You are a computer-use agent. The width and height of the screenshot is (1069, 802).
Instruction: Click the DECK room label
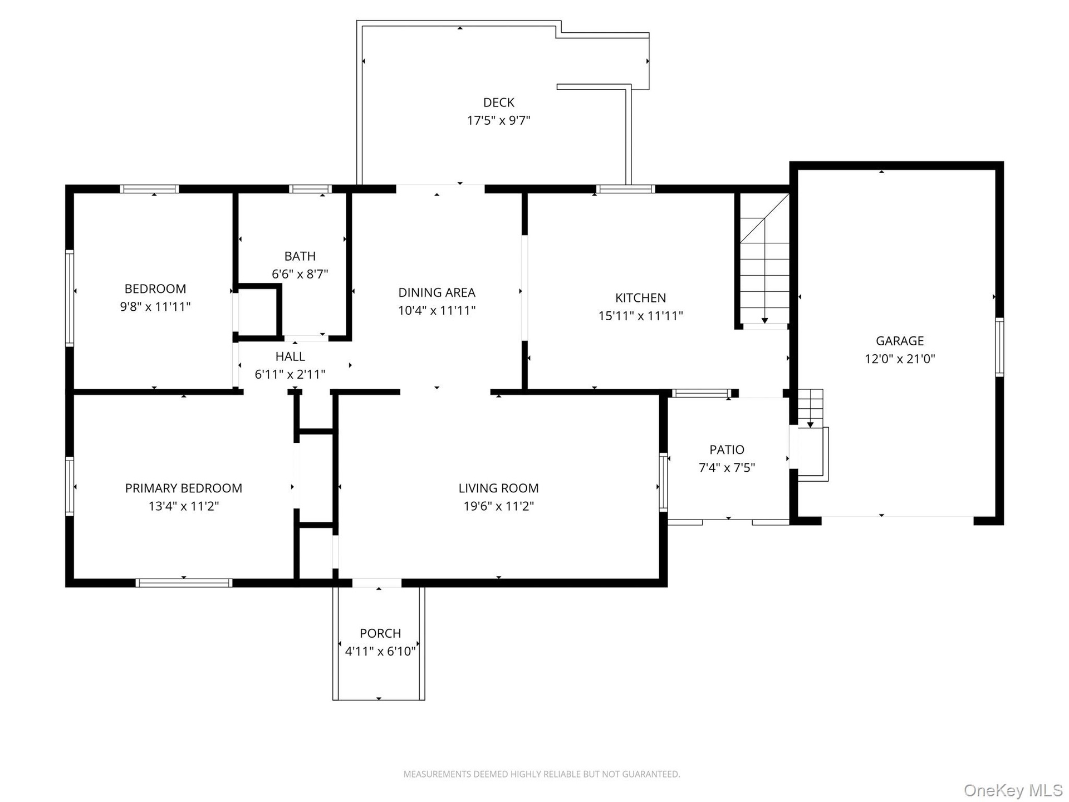click(499, 102)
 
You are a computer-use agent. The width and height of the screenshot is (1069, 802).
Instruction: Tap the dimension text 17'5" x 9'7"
click(499, 120)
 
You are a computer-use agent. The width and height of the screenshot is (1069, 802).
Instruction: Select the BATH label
click(300, 256)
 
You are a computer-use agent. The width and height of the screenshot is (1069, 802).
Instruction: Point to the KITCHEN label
click(640, 298)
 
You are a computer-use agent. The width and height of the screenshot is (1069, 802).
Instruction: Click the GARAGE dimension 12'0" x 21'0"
click(900, 359)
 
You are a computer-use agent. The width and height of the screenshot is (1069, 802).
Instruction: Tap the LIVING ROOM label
click(498, 488)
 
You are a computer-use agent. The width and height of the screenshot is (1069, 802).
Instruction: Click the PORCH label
click(380, 633)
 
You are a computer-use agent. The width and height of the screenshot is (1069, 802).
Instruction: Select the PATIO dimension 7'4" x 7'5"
click(727, 467)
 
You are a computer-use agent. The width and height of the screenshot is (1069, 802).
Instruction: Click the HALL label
click(290, 356)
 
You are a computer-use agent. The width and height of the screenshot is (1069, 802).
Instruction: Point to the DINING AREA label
click(437, 292)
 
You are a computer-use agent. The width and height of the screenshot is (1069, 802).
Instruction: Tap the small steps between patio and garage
click(811, 408)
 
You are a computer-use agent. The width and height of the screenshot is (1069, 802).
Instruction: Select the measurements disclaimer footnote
click(542, 774)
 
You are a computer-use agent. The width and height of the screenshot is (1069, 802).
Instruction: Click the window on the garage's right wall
click(999, 348)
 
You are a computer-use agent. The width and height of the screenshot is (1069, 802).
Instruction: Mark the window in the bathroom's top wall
click(310, 189)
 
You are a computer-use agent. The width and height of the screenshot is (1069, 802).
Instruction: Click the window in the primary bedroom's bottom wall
click(184, 583)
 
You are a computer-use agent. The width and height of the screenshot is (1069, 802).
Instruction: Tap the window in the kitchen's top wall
click(625, 189)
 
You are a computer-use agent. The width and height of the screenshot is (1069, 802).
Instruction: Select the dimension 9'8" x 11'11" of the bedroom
click(155, 307)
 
